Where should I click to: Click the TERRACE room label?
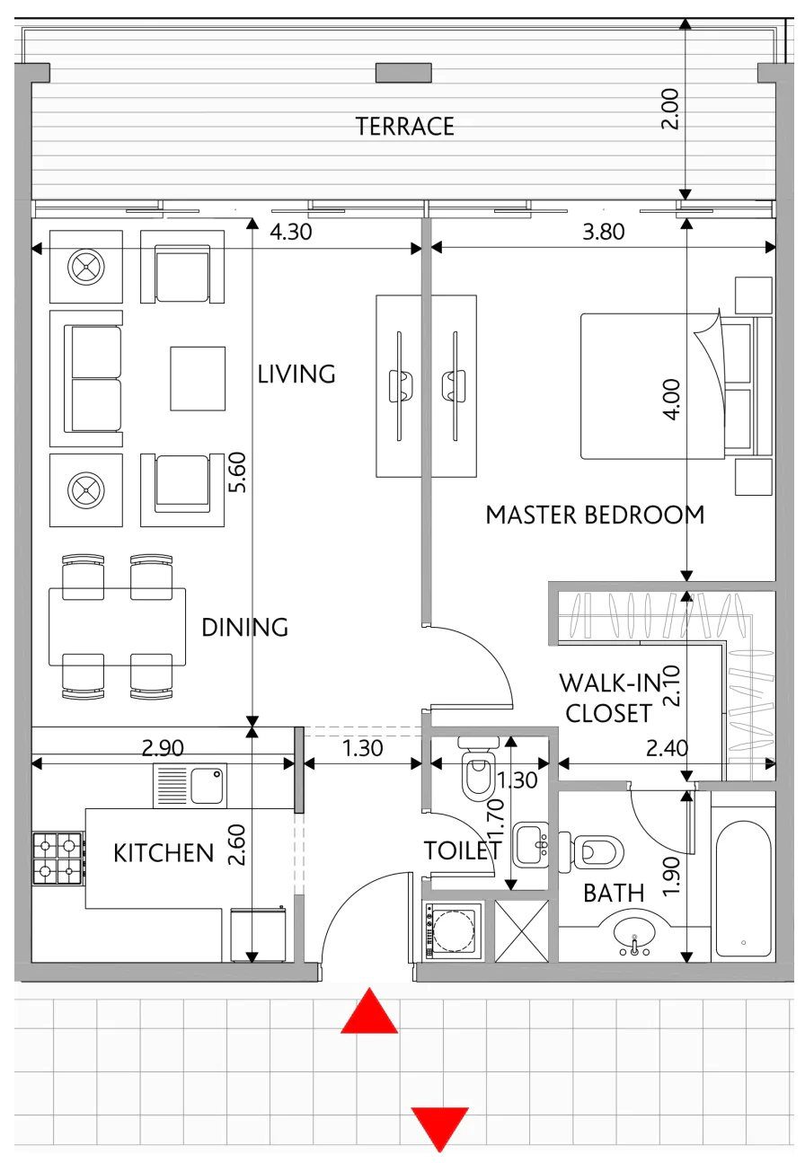click(x=404, y=126)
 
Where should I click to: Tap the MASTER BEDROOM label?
click(x=595, y=515)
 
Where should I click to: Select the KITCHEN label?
click(x=164, y=853)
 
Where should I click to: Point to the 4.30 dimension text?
click(x=291, y=232)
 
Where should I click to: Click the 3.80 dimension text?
click(x=604, y=232)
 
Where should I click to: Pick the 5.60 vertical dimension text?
click(x=237, y=472)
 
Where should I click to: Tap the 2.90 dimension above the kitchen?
click(x=163, y=747)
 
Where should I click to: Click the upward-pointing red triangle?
click(x=369, y=1011)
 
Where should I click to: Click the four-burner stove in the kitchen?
click(x=58, y=859)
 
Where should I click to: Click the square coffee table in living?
click(x=198, y=378)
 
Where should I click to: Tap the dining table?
click(x=118, y=627)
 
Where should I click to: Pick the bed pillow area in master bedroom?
click(x=739, y=385)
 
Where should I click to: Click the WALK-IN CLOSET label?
click(x=609, y=698)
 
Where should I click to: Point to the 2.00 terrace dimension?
click(x=670, y=109)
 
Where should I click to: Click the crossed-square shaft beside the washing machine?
click(x=521, y=930)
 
